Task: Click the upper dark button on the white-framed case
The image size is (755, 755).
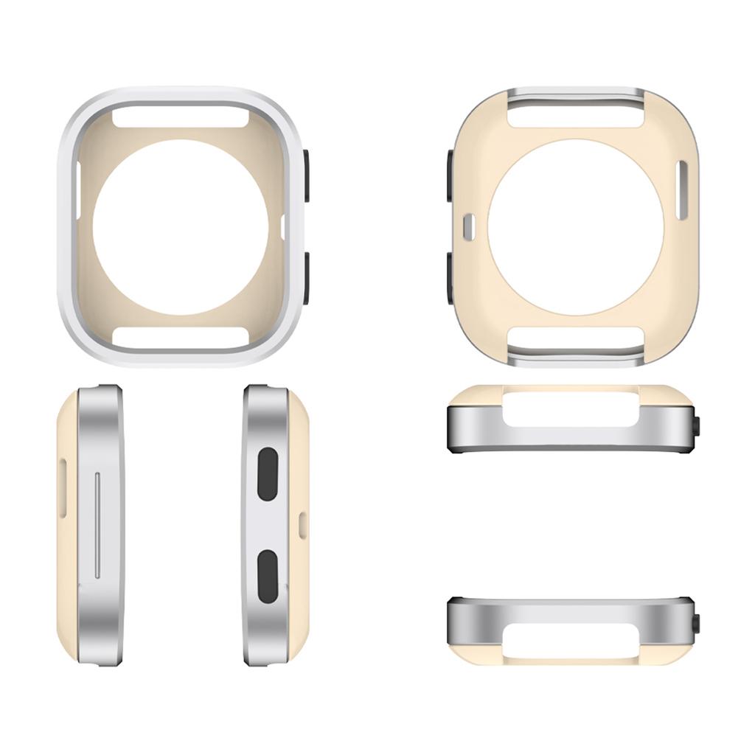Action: click(x=305, y=175)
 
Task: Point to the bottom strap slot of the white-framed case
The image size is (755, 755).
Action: click(x=181, y=335)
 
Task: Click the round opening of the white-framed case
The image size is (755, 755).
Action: click(x=181, y=227)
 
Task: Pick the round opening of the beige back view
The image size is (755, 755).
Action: click(x=576, y=227)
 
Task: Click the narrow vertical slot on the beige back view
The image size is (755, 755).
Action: click(x=681, y=189)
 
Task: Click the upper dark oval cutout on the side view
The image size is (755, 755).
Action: click(x=268, y=473)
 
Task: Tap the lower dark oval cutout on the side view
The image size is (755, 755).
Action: click(x=268, y=575)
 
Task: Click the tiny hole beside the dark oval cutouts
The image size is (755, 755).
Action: click(x=302, y=524)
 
